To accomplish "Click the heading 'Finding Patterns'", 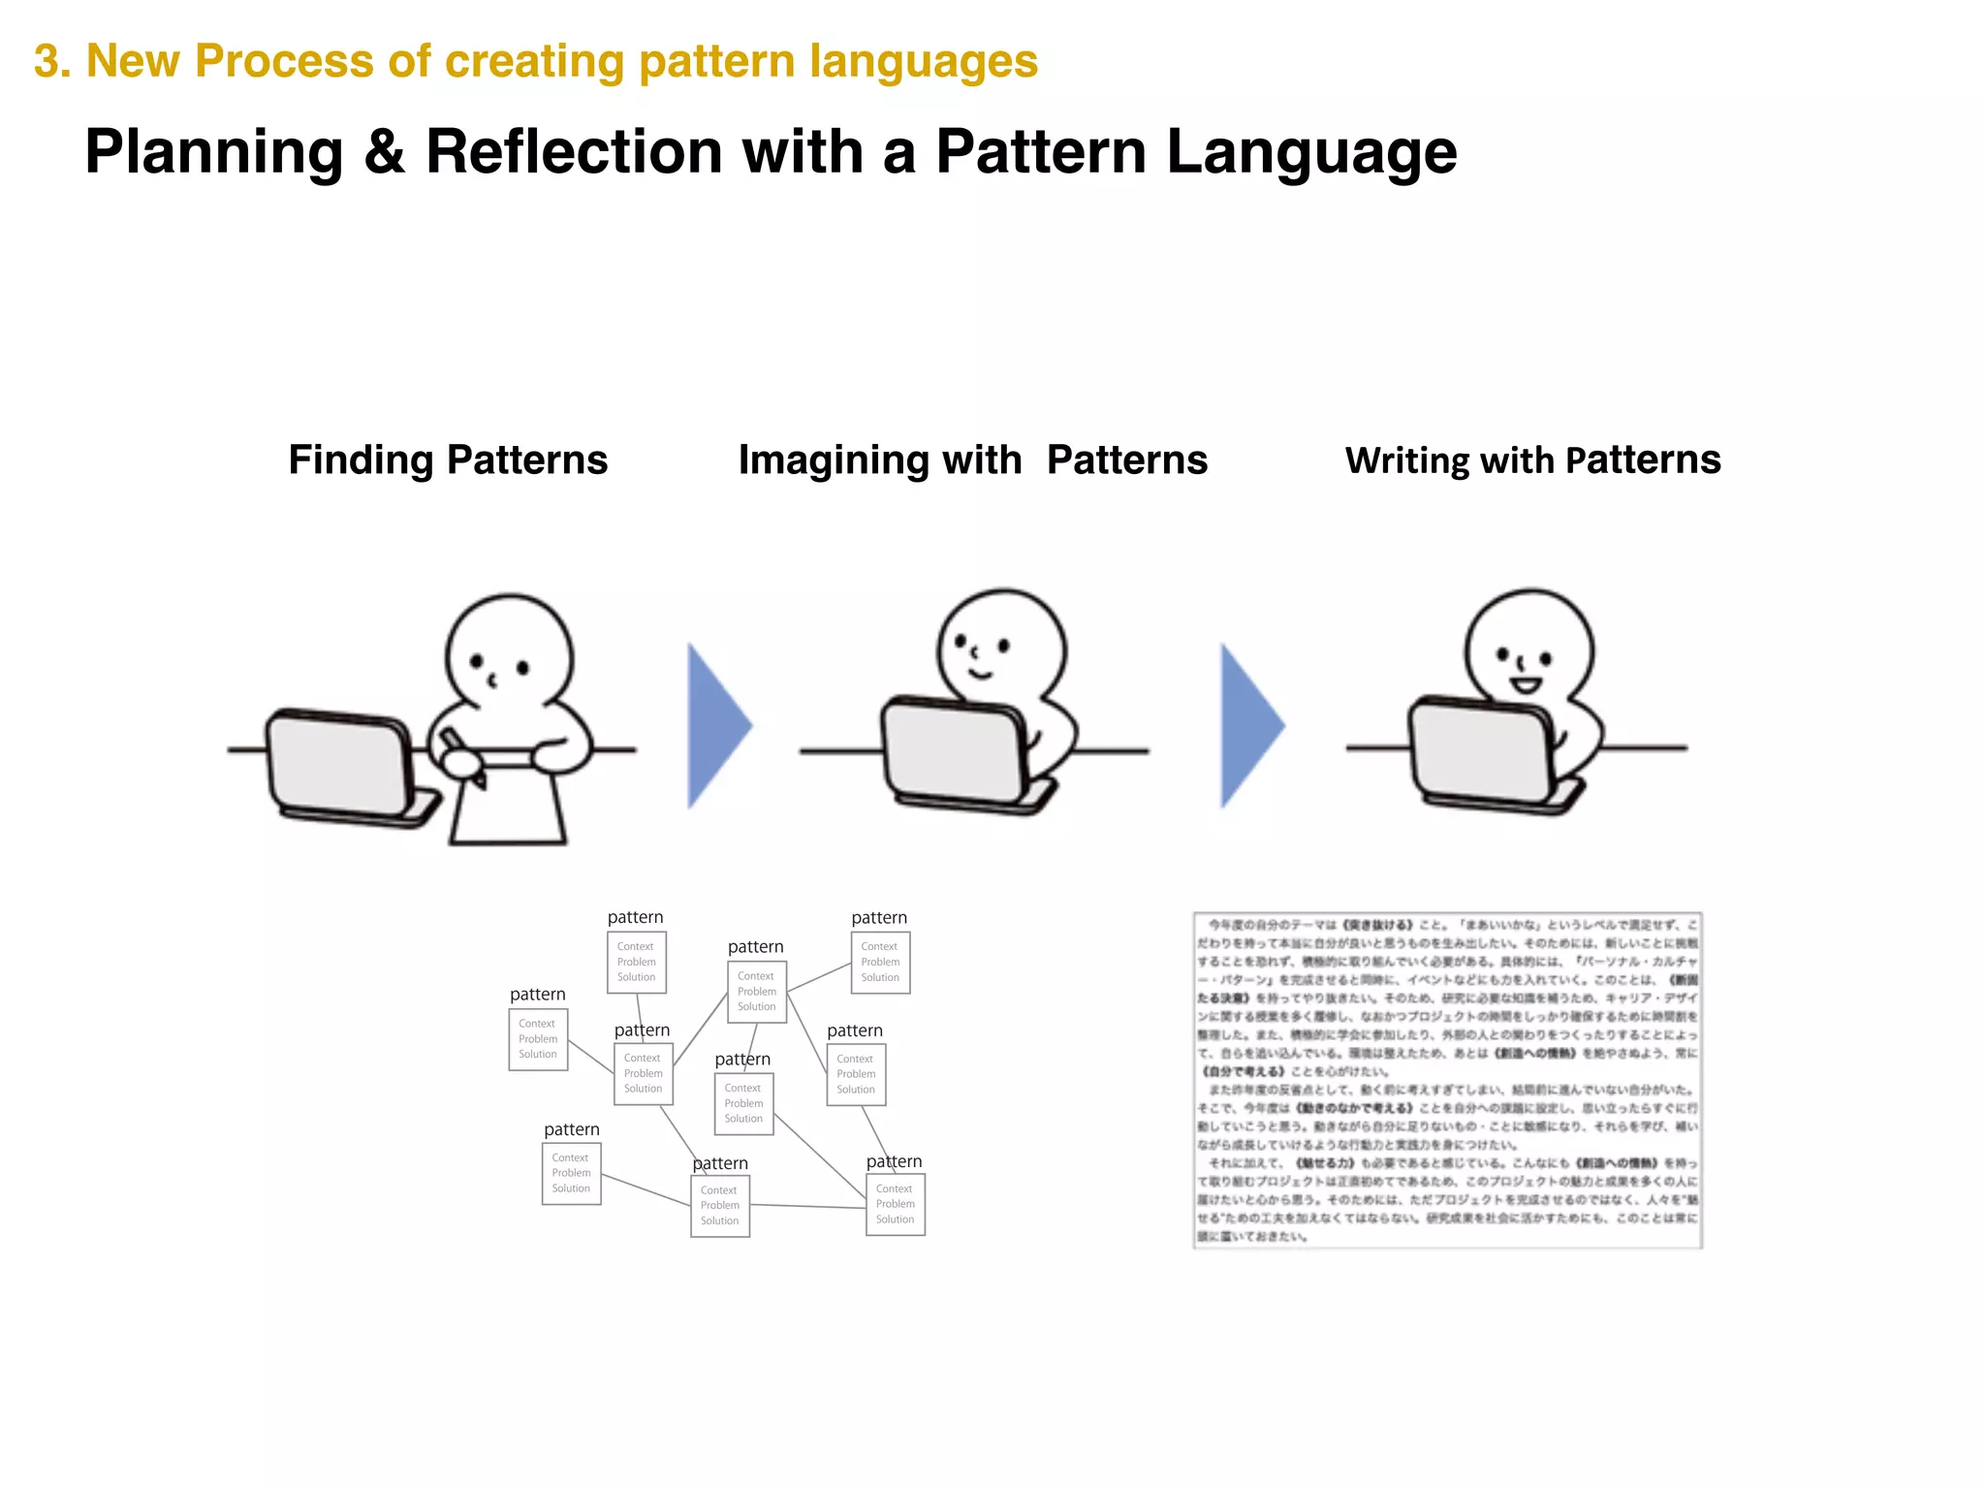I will click(x=448, y=459).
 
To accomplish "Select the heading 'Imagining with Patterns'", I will click(x=972, y=459).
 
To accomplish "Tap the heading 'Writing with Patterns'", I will click(x=1532, y=459).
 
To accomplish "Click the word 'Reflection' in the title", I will click(x=574, y=152).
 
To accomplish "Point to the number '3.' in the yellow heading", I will click(x=52, y=61).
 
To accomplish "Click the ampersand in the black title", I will click(x=384, y=152).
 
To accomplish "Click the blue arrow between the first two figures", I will click(x=718, y=725).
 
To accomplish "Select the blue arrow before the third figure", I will click(x=1250, y=725).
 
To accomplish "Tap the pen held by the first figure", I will click(x=463, y=755).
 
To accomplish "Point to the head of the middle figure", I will click(x=1001, y=645).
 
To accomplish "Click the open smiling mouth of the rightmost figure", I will click(x=1525, y=685).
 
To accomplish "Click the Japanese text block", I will click(x=1447, y=1080).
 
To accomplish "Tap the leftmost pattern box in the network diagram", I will click(x=538, y=1039).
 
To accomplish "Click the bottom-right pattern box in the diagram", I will click(x=895, y=1204).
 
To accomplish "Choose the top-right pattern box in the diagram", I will click(x=880, y=962).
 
